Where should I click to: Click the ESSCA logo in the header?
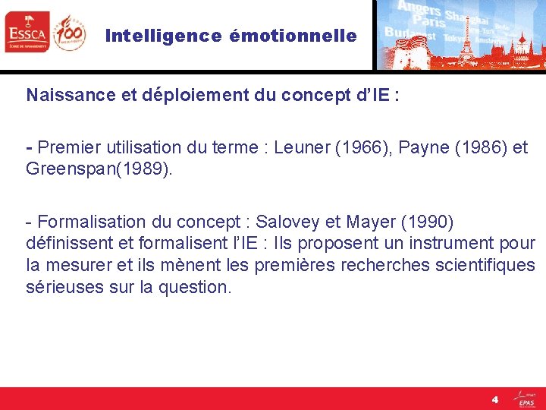point(27,33)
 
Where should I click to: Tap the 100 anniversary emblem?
point(70,33)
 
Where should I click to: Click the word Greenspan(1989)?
point(99,169)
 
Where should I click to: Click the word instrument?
point(449,244)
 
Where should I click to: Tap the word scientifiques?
point(483,266)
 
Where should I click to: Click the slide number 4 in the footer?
point(494,399)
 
